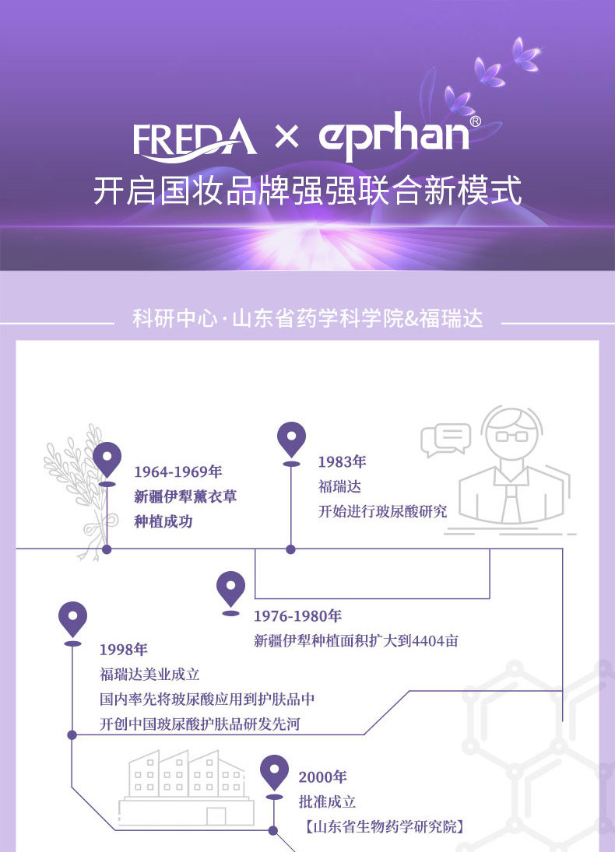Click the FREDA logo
pos(194,138)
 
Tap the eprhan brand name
pos(394,138)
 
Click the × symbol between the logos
pos(286,138)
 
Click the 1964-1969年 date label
pos(178,472)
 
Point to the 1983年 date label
pos(342,461)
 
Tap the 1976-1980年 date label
pos(297,616)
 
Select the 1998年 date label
pos(123,650)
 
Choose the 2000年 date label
pos(322,777)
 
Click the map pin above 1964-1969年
pos(107,459)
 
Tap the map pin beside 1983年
pos(291,440)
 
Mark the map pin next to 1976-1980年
pos(230,589)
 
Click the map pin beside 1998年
pos(72,619)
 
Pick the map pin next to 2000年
pos(274,772)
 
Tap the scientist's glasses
pos(511,436)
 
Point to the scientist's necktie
pos(511,502)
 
